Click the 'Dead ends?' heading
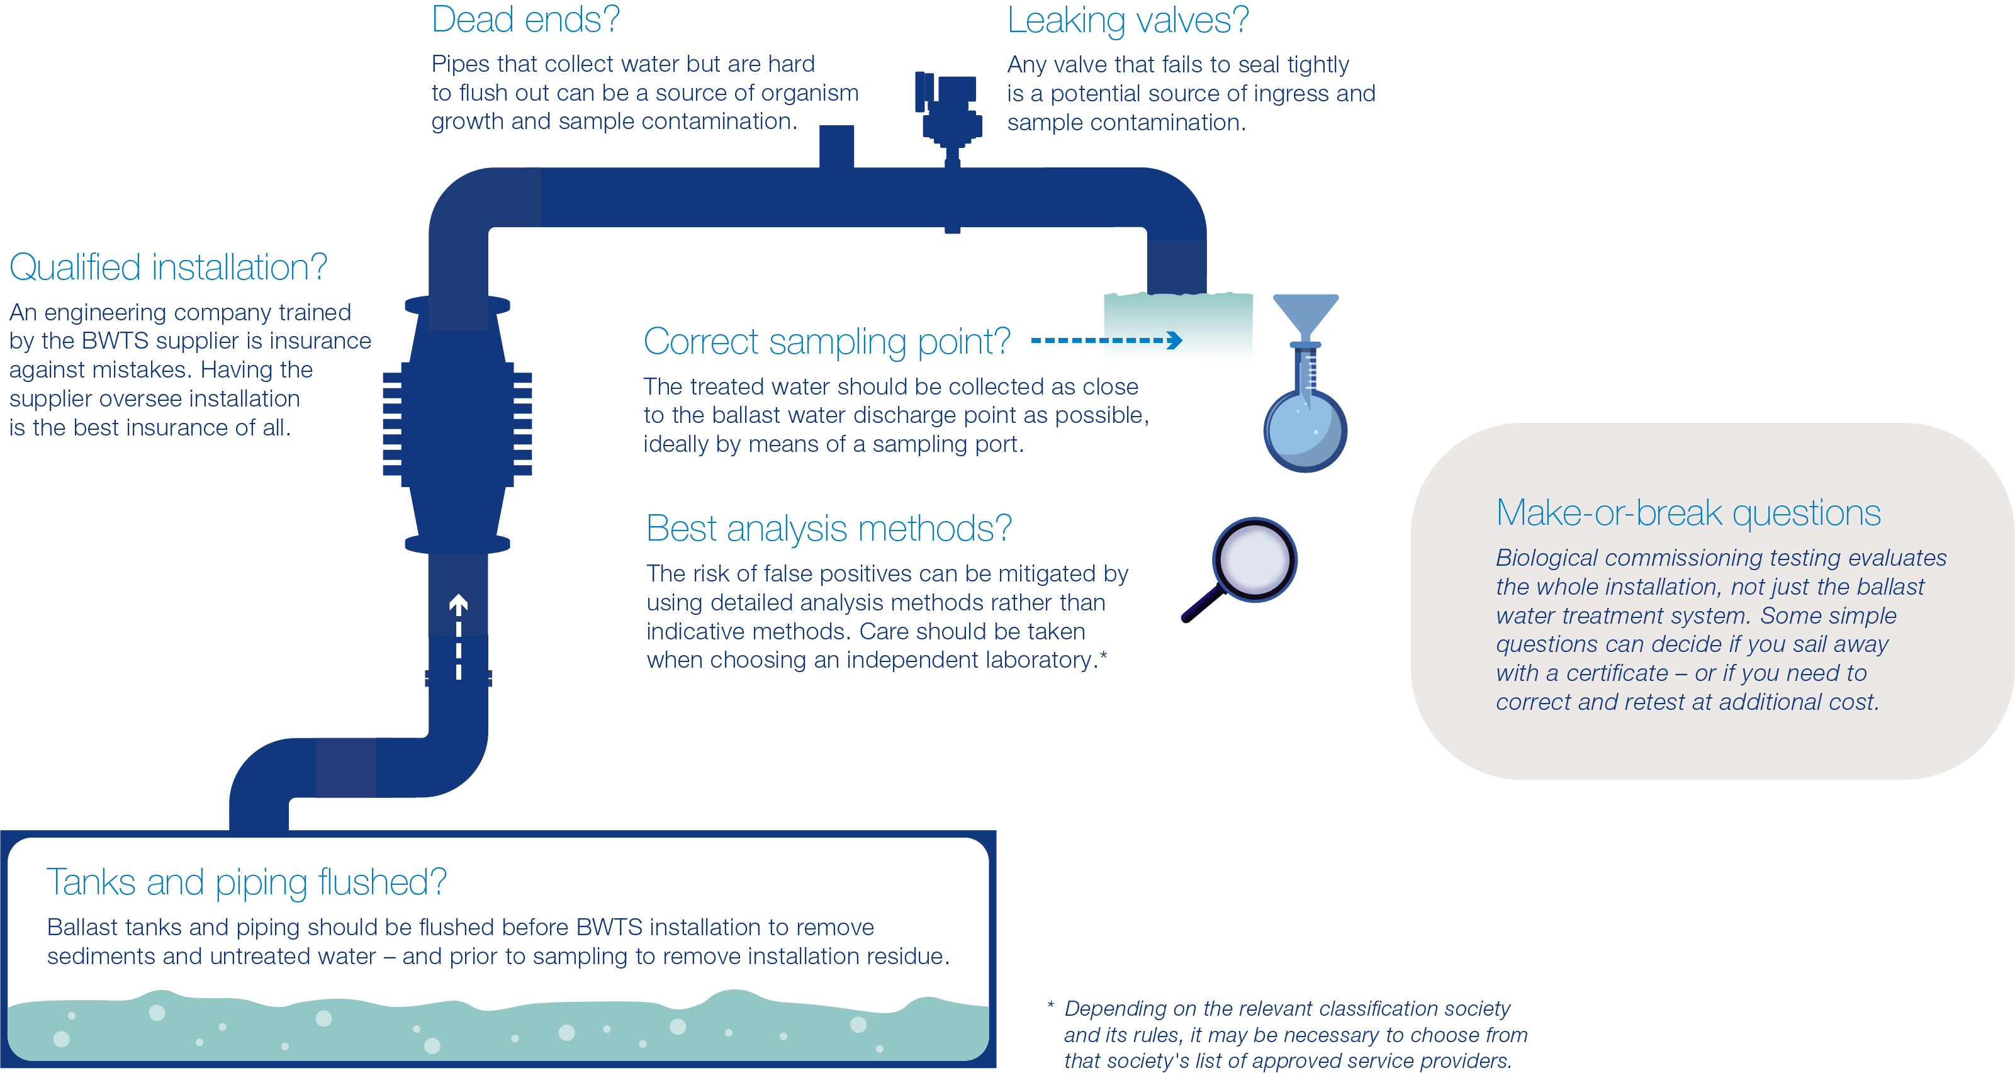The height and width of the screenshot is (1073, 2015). coord(525,20)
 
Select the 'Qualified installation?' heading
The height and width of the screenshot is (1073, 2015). coord(167,267)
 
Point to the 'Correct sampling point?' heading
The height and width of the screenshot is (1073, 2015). coord(826,342)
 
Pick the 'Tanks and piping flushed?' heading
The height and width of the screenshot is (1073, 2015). coord(247,882)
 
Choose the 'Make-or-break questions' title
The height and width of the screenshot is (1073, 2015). coord(1687,514)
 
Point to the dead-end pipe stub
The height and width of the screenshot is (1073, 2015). coord(836,145)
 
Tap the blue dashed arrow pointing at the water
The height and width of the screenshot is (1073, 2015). coord(1106,340)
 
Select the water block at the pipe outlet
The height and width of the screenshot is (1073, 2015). coord(1177,325)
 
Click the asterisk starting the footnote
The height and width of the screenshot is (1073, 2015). coord(1050,1006)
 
